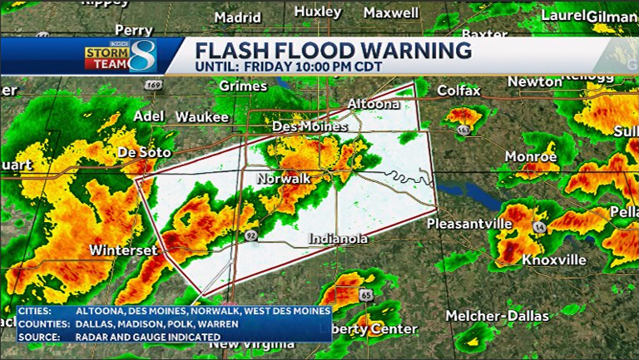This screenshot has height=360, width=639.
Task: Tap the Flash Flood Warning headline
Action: (x=333, y=50)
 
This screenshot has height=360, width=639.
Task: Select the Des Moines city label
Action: (x=309, y=126)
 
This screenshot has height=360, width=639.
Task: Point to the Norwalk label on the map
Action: (x=283, y=179)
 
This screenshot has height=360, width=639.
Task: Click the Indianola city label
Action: (x=339, y=239)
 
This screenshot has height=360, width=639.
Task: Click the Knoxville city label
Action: (x=554, y=260)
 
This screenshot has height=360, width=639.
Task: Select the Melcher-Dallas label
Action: (x=498, y=316)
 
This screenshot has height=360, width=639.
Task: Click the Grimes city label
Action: (x=243, y=86)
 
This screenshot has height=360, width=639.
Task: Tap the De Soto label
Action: (x=144, y=153)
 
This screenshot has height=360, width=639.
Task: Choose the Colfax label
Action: (x=459, y=90)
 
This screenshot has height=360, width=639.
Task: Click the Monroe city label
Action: (x=531, y=156)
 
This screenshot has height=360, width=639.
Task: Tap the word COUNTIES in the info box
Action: (x=41, y=323)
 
